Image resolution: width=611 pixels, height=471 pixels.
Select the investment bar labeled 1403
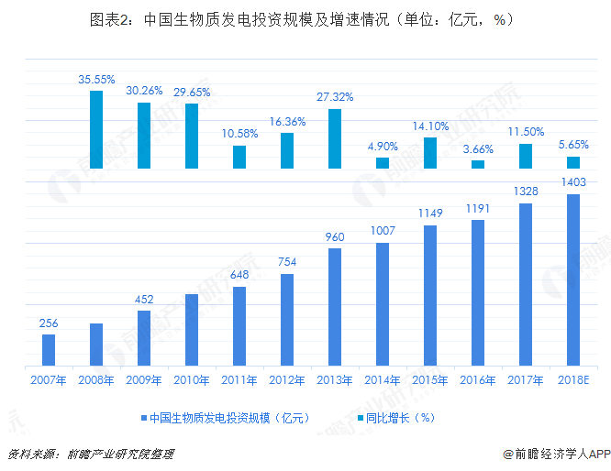pos(573,279)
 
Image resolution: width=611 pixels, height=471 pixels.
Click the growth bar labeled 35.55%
pos(96,129)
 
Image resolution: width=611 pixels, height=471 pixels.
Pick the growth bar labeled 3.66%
pos(478,164)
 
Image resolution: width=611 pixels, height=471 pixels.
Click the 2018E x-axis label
pos(573,379)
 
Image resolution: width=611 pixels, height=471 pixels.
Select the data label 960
pos(335,237)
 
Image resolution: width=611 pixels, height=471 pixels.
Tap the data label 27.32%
pos(335,97)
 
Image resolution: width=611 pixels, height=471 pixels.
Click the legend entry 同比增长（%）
pos(401,417)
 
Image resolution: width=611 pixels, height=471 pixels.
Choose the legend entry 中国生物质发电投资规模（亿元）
pos(225,417)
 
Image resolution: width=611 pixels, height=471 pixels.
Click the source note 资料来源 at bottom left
pos(90,454)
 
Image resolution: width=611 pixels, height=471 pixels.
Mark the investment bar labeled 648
pos(239,326)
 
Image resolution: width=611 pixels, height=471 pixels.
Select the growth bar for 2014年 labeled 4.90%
pos(383,162)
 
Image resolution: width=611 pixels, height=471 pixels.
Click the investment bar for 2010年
pos(192,330)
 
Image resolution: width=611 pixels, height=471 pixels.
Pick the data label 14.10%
pos(430,126)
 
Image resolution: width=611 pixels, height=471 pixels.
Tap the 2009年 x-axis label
pos(144,379)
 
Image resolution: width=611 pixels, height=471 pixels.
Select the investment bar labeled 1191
pos(478,292)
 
